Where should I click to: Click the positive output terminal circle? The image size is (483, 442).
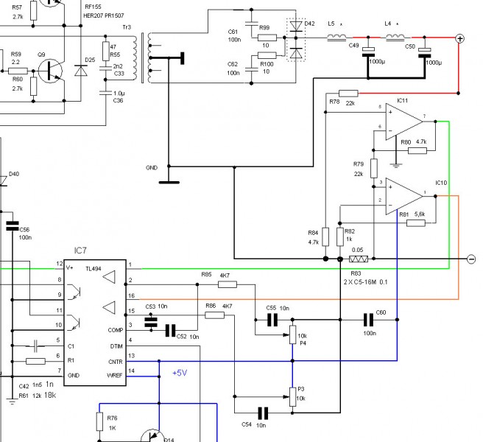click(x=460, y=39)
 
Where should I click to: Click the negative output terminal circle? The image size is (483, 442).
click(x=470, y=259)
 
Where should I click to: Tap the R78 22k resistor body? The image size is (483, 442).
click(x=350, y=93)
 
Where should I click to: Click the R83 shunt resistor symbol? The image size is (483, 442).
click(x=359, y=259)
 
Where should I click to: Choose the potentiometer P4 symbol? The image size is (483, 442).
click(x=292, y=335)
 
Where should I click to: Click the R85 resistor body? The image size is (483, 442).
click(x=228, y=284)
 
